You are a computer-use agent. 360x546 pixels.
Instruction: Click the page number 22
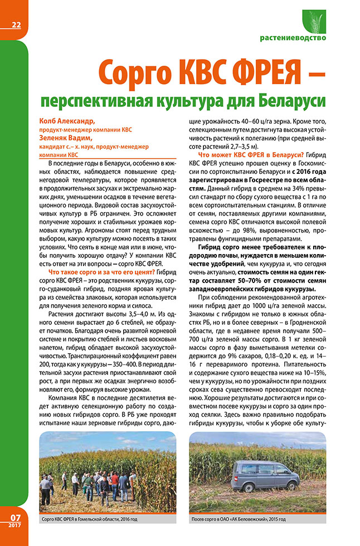pos(15,24)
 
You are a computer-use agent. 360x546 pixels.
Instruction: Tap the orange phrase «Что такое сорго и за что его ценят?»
pos(102,271)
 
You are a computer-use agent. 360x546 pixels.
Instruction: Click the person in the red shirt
pos(114,479)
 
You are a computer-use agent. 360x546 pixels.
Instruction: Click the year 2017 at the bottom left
pos(14,525)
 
